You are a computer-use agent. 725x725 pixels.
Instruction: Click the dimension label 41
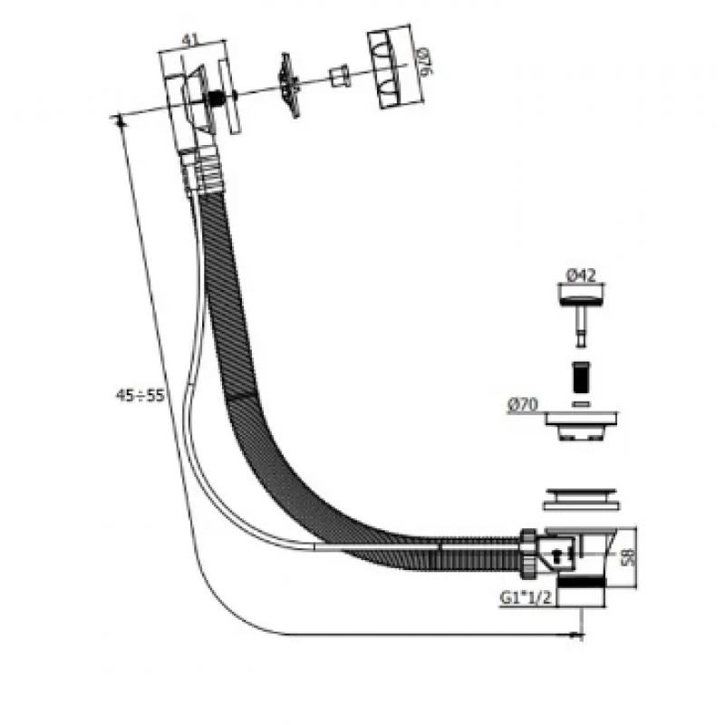(x=190, y=40)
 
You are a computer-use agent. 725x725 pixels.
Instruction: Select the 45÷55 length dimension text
(x=140, y=396)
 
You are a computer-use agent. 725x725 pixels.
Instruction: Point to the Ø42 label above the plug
(x=580, y=275)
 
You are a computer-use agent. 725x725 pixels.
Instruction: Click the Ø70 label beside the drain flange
(x=523, y=405)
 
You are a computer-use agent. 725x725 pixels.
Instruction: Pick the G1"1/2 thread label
(x=527, y=598)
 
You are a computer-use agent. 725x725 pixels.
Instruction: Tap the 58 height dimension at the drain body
(x=628, y=557)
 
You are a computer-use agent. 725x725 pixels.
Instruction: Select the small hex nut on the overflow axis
(x=339, y=76)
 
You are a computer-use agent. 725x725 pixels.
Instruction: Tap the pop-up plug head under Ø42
(x=580, y=295)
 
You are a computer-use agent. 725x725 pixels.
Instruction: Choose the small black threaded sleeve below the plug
(x=581, y=377)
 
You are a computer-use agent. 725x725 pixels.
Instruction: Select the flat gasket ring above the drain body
(x=581, y=499)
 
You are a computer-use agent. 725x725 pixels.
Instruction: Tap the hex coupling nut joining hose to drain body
(x=529, y=554)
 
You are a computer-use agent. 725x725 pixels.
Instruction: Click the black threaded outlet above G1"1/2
(x=581, y=583)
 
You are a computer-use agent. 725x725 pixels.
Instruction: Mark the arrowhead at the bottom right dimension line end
(x=578, y=635)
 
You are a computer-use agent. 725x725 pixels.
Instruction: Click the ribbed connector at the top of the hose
(x=201, y=172)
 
